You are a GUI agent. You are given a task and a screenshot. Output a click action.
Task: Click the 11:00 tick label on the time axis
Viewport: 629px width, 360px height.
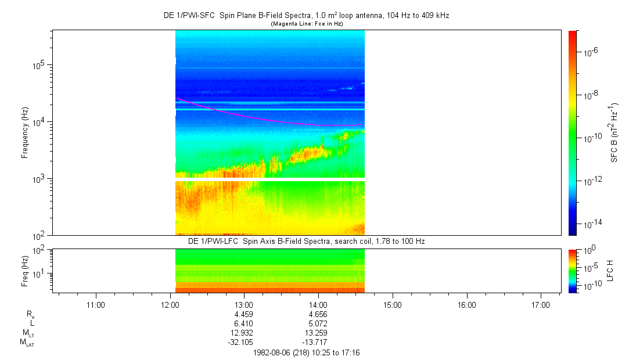(95, 304)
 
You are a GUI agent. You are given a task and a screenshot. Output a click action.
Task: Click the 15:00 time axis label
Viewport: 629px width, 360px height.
(392, 304)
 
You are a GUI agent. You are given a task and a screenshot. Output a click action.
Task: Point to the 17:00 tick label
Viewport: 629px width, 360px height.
(541, 304)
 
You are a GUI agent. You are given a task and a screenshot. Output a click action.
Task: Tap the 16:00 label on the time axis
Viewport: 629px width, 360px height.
(466, 304)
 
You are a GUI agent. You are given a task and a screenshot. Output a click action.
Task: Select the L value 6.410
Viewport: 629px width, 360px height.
(243, 323)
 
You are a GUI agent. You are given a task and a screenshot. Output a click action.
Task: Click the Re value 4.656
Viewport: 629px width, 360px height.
(318, 314)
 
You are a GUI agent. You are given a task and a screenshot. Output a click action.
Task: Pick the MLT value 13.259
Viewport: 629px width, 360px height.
(318, 333)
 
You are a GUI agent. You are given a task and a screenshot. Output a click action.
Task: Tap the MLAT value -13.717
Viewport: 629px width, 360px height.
(316, 342)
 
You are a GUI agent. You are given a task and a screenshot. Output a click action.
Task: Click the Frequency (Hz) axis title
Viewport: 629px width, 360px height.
(25, 133)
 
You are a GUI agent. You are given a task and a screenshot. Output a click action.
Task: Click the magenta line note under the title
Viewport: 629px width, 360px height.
(306, 24)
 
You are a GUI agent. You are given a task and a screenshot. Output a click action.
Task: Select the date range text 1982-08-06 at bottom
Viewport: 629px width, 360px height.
(307, 352)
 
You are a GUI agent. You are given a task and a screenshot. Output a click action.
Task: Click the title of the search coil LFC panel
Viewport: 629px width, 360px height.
(306, 240)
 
